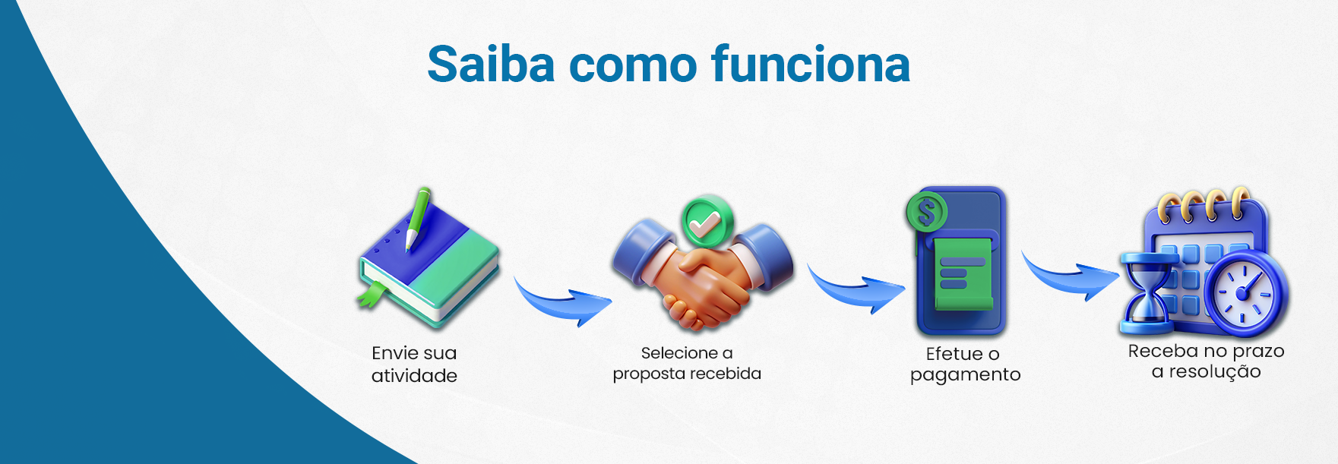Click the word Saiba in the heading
492,64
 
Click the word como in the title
633,68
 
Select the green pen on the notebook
417,218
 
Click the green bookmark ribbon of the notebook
372,294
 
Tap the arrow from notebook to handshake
562,301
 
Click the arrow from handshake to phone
856,289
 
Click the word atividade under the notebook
414,375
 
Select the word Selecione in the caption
679,352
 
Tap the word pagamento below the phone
965,375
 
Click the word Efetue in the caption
954,353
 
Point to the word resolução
1214,371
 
